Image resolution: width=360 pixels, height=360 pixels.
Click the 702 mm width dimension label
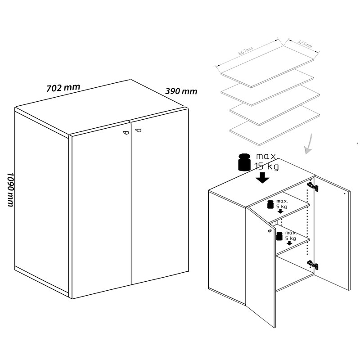click(x=63, y=88)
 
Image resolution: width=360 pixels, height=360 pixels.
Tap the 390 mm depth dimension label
click(x=181, y=91)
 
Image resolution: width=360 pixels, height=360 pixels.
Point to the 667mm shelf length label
click(x=245, y=51)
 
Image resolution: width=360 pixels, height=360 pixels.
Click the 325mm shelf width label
click(x=305, y=44)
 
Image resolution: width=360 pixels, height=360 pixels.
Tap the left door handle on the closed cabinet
click(x=126, y=132)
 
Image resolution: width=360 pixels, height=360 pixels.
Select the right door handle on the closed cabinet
click(x=138, y=130)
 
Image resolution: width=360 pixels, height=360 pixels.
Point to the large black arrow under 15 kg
click(x=263, y=177)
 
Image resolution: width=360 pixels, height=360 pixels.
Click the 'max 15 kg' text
click(x=266, y=162)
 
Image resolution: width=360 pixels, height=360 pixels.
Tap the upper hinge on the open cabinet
click(x=313, y=187)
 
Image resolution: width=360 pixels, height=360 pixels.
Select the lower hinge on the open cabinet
click(x=313, y=265)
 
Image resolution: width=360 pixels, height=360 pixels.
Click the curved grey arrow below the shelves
click(x=309, y=144)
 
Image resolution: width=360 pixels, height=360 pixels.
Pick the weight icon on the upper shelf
click(x=270, y=204)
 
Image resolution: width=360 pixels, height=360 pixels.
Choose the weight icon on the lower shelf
click(x=279, y=236)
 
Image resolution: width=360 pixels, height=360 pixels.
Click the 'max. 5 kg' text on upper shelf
click(x=282, y=204)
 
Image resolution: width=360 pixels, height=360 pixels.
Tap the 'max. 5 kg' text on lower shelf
click(x=291, y=236)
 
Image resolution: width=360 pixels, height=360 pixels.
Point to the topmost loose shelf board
click(x=267, y=67)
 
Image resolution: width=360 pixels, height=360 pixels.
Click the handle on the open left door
click(x=270, y=231)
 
